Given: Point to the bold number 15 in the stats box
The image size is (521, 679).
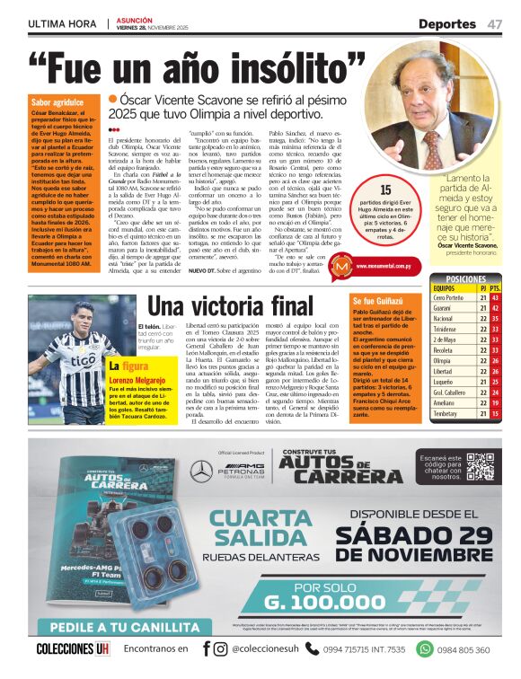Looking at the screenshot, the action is [x=386, y=190].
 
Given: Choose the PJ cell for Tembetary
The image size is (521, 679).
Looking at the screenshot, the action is [x=482, y=413].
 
